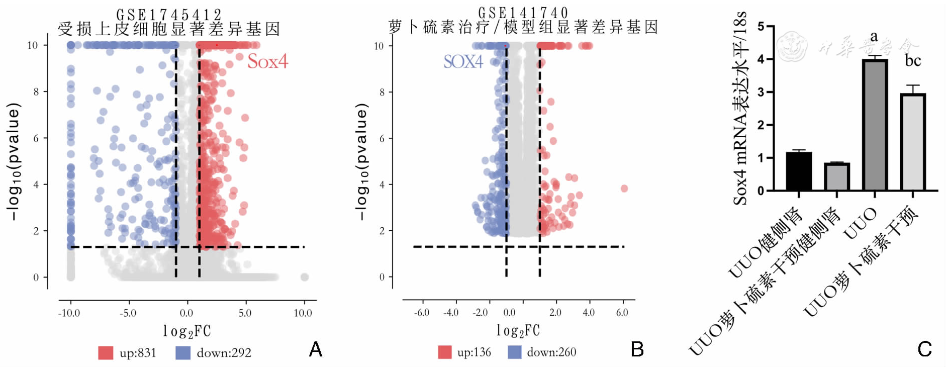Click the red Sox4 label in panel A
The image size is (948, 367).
click(x=267, y=62)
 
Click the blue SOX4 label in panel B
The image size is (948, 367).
click(x=463, y=62)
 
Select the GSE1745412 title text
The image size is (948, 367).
click(x=169, y=14)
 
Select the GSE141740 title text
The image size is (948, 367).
click(x=523, y=12)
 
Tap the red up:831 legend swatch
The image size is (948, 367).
click(x=106, y=353)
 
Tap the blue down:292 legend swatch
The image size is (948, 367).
click(x=183, y=353)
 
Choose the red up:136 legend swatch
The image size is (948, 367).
click(x=445, y=352)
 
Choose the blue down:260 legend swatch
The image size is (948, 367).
click(x=515, y=352)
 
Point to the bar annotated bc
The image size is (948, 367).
click(x=913, y=142)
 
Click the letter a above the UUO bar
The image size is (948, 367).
click(x=874, y=37)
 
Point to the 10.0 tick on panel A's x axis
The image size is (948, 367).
click(x=303, y=313)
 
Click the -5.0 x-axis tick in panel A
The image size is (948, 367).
click(x=128, y=313)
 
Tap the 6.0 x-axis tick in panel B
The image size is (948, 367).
click(x=622, y=312)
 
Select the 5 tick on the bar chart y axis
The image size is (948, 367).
click(x=761, y=27)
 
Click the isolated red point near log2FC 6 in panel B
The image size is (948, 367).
click(x=624, y=189)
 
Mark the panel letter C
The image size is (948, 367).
click(x=924, y=349)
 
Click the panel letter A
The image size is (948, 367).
click(x=316, y=349)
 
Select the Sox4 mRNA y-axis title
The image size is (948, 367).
click(x=740, y=108)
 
